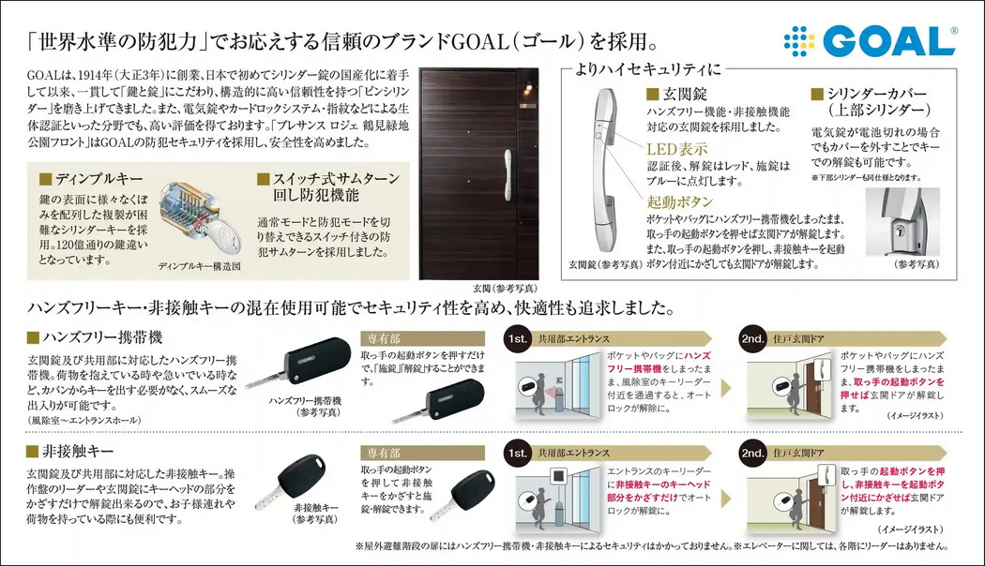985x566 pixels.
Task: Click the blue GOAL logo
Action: click(x=870, y=41)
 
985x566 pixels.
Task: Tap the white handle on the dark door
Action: click(x=508, y=175)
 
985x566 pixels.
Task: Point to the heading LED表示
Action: click(x=677, y=149)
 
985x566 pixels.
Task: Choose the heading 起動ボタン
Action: click(x=680, y=201)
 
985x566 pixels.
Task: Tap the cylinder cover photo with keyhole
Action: click(x=902, y=221)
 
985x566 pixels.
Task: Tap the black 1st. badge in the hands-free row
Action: click(x=518, y=339)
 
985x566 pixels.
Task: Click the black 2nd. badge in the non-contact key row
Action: click(x=752, y=453)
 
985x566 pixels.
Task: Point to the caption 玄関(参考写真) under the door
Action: click(x=505, y=288)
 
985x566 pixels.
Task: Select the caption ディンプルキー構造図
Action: click(x=199, y=266)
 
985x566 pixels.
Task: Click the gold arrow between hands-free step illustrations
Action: click(x=726, y=388)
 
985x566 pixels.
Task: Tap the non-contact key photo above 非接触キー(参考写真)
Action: click(x=292, y=480)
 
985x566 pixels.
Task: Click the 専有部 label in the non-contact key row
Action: click(x=384, y=453)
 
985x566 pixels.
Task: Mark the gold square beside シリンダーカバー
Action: click(x=817, y=94)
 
